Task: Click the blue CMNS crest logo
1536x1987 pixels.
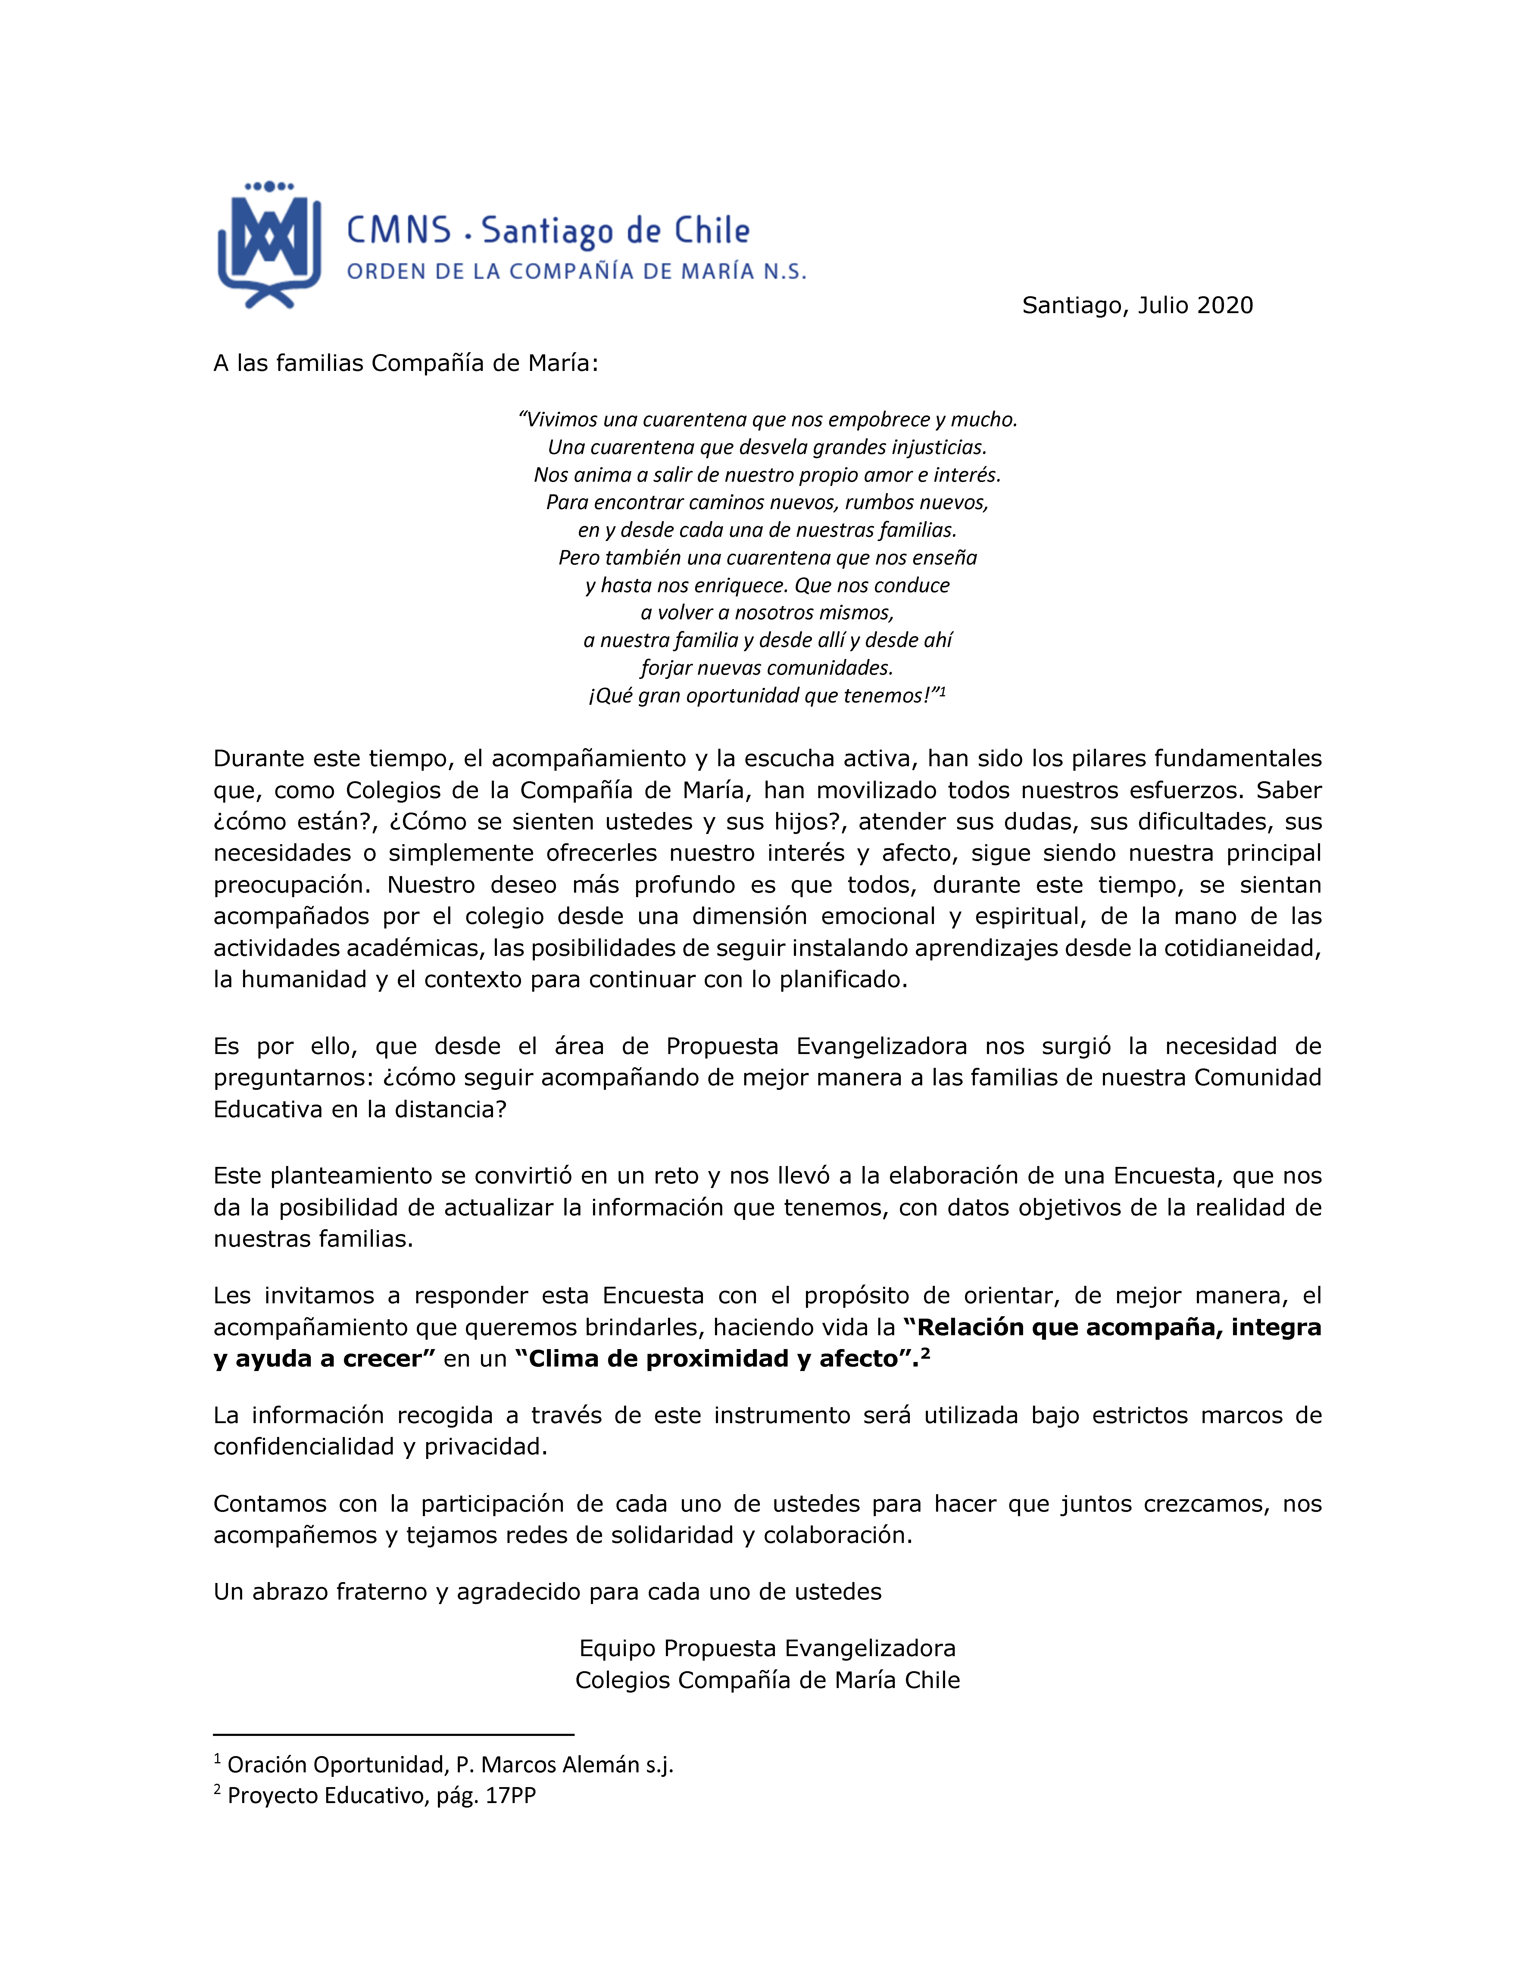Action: (269, 244)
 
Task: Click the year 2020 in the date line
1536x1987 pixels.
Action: (1225, 306)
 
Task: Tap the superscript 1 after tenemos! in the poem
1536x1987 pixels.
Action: (943, 692)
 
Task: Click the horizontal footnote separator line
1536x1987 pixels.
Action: (393, 1734)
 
